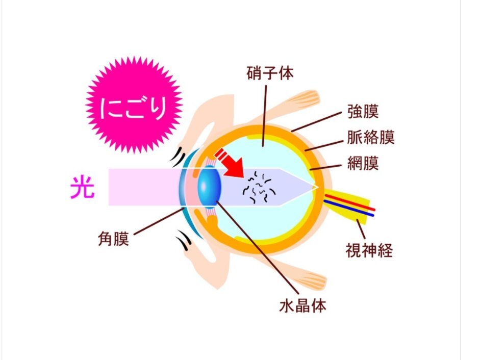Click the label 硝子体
[x=270, y=73]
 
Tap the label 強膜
[x=363, y=112]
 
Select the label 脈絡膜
[x=371, y=137]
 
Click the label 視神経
[x=369, y=250]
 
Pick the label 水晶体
[x=303, y=305]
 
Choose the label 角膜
[x=114, y=239]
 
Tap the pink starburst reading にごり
[x=134, y=105]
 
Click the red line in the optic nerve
[x=350, y=202]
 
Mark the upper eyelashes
[x=178, y=156]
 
